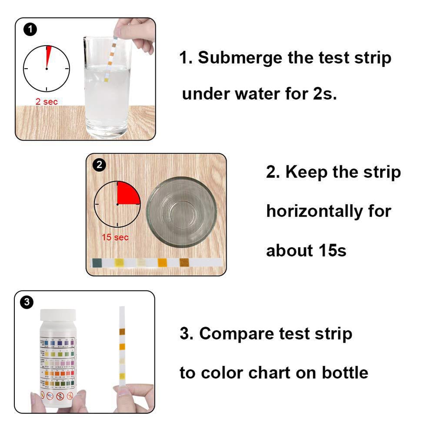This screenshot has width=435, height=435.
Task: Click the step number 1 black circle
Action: (x=30, y=30)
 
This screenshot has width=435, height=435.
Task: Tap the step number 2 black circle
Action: (x=100, y=165)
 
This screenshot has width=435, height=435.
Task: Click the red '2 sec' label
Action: (x=47, y=101)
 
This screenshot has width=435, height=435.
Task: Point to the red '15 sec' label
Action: (x=115, y=238)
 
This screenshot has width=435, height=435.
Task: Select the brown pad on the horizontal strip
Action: (x=184, y=263)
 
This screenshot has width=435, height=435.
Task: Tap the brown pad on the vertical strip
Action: (x=122, y=331)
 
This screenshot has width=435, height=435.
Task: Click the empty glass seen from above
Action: (x=181, y=212)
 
